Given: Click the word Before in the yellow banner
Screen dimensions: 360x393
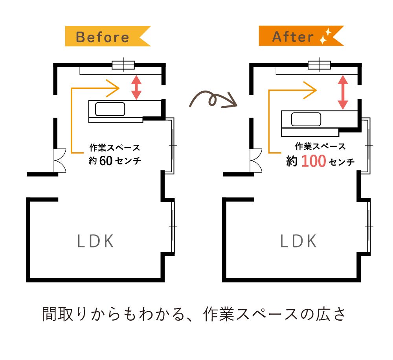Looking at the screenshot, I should point(103,37).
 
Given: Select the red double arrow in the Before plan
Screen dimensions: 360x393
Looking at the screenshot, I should point(136,87).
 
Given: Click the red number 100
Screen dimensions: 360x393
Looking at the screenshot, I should point(313,162).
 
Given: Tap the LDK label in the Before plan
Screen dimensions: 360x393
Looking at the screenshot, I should point(95,241).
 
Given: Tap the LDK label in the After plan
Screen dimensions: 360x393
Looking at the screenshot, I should point(299,241).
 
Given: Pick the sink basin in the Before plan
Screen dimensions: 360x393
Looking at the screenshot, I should point(110,109).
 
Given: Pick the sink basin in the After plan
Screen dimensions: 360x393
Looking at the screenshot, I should point(307,118).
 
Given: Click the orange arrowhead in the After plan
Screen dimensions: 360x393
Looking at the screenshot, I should point(310,90).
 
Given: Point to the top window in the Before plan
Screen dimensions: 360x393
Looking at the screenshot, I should point(123,65).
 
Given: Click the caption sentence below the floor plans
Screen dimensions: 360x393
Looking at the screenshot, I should point(194,315).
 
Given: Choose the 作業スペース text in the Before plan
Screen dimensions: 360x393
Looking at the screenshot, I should point(114,148).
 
